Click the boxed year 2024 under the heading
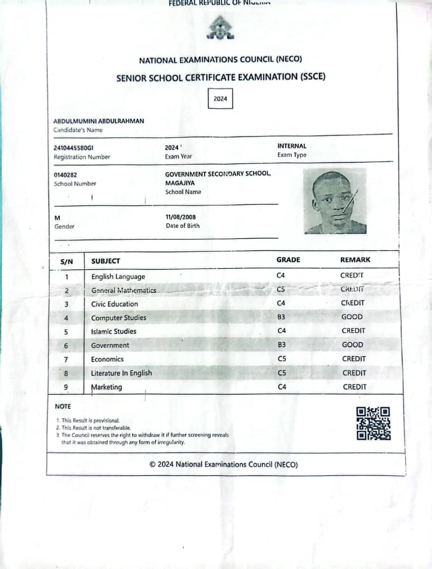pos(220,99)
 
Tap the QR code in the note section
pos(373,423)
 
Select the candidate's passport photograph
pos(334,201)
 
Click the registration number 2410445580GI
pos(73,148)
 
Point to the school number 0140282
pos(66,175)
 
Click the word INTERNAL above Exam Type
pos(292,146)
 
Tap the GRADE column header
pos(288,260)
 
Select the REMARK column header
pos(355,260)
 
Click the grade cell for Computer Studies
pos(281,317)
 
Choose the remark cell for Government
pos(352,345)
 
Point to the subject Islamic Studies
pos(113,331)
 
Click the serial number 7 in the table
pos(66,359)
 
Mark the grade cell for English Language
pos(281,276)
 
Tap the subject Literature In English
pos(121,373)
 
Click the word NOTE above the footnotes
pos(63,406)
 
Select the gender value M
pos(57,218)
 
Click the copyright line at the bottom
pos(224,465)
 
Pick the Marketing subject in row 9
pos(107,387)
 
